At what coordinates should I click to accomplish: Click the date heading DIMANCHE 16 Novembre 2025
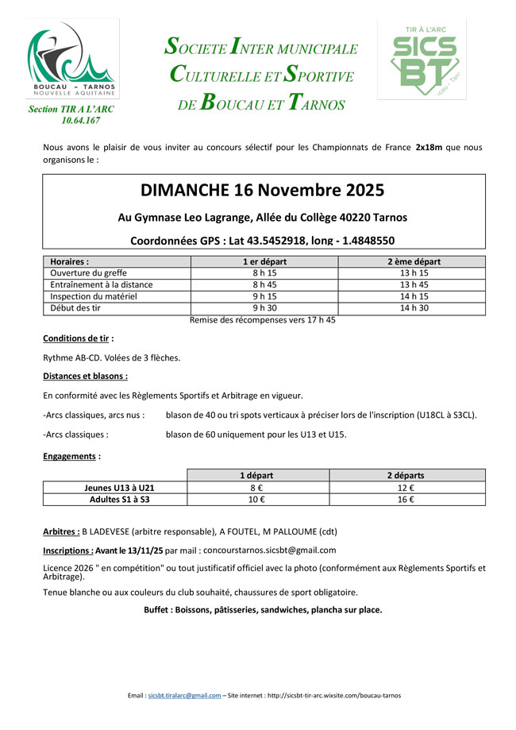(x=263, y=191)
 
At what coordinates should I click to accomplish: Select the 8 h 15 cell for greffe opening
(x=264, y=272)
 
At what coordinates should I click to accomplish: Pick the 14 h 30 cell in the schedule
(x=414, y=307)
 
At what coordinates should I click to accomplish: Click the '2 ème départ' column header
(x=414, y=261)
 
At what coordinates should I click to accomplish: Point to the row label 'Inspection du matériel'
(x=94, y=296)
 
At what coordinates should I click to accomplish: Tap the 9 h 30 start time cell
(x=264, y=307)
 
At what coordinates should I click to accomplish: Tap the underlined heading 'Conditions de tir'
(x=76, y=338)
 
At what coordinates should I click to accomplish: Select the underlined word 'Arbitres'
(x=60, y=531)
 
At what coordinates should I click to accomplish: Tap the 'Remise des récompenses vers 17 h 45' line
(x=262, y=320)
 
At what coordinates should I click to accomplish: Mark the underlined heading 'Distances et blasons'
(x=84, y=376)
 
